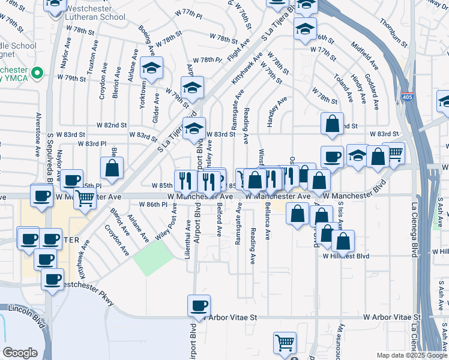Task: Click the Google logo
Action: (x=20, y=353)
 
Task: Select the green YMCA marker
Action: (x=37, y=73)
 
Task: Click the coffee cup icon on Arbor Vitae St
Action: (x=199, y=307)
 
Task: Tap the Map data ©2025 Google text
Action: (x=411, y=355)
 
